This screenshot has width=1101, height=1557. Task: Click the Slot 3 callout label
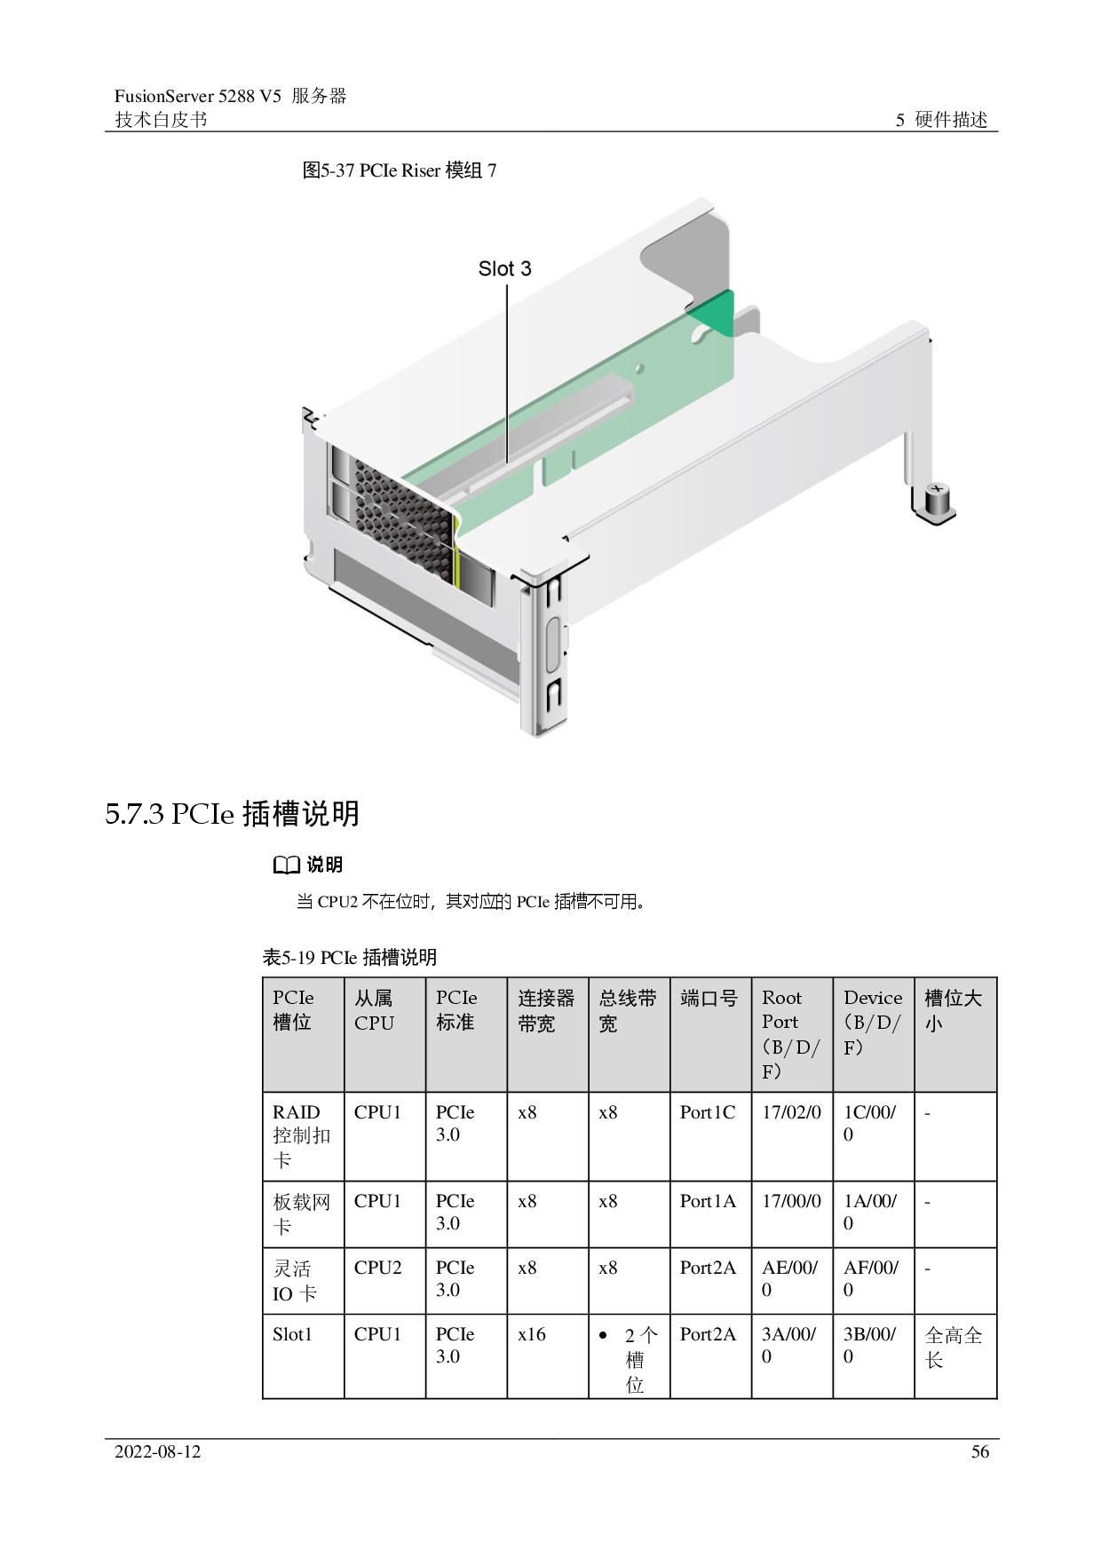pyautogui.click(x=504, y=269)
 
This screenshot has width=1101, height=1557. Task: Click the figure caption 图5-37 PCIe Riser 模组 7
pyautogui.click(x=400, y=170)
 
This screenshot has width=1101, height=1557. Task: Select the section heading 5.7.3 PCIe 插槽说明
pyautogui.click(x=233, y=813)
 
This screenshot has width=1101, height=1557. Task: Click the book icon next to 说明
pyautogui.click(x=286, y=865)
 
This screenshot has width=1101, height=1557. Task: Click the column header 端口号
pyautogui.click(x=709, y=999)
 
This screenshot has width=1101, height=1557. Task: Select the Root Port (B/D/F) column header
pyautogui.click(x=791, y=1034)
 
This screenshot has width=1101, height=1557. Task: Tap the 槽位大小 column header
pyautogui.click(x=954, y=1010)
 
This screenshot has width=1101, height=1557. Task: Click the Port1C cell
pyautogui.click(x=708, y=1112)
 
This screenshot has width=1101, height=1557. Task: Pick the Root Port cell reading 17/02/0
pyautogui.click(x=791, y=1112)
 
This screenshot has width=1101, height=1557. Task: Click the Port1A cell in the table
pyautogui.click(x=708, y=1201)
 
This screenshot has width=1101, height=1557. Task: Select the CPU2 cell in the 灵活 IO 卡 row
pyautogui.click(x=377, y=1268)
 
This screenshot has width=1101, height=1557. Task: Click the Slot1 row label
pyautogui.click(x=292, y=1334)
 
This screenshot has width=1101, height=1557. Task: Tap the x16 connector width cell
pyautogui.click(x=532, y=1334)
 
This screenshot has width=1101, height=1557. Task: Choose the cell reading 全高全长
pyautogui.click(x=954, y=1347)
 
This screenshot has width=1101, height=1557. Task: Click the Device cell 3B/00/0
pyautogui.click(x=870, y=1345)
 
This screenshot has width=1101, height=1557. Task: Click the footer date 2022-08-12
pyautogui.click(x=158, y=1452)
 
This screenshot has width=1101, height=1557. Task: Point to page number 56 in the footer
pyautogui.click(x=980, y=1452)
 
